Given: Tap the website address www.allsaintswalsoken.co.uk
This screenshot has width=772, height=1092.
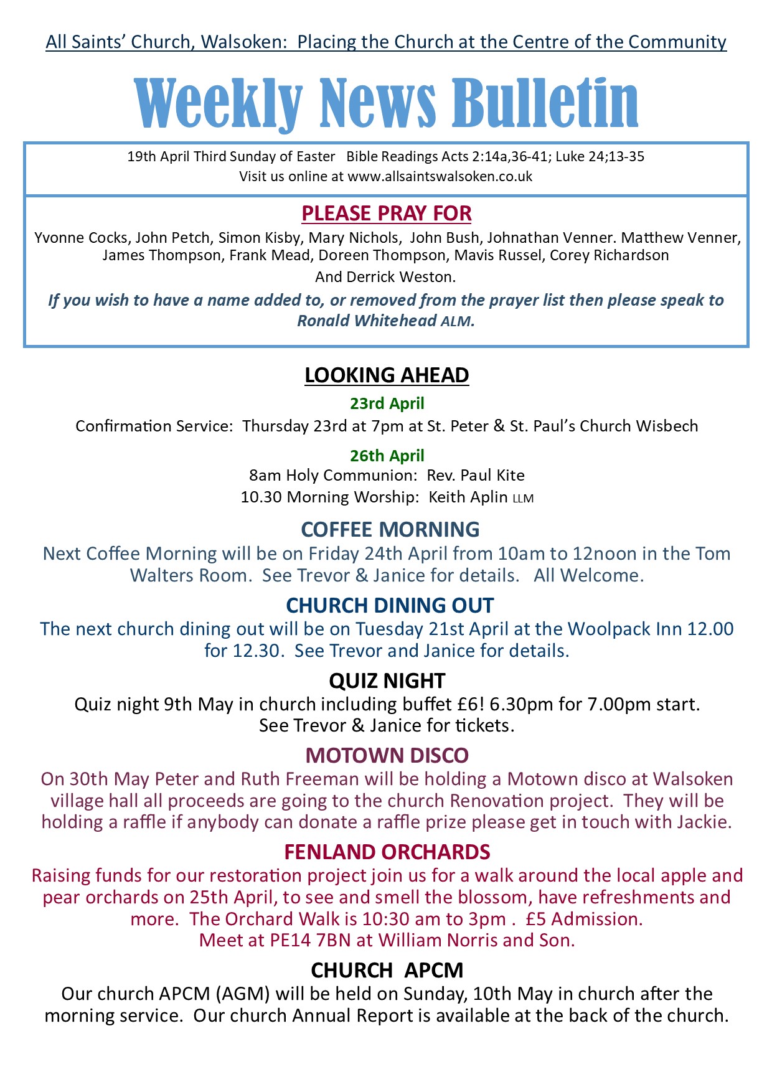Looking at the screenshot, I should pyautogui.click(x=440, y=176).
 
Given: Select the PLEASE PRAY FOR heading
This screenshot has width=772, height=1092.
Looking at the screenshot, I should pyautogui.click(x=386, y=214).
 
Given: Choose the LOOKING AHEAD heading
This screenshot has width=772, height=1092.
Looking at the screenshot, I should pyautogui.click(x=386, y=375).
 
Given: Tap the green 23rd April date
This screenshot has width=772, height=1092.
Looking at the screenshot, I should pyautogui.click(x=387, y=403).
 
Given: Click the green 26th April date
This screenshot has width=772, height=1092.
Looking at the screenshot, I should pyautogui.click(x=387, y=456).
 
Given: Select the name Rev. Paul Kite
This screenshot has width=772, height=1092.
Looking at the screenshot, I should pyautogui.click(x=476, y=476).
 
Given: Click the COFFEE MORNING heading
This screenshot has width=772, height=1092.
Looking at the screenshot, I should pyautogui.click(x=390, y=529).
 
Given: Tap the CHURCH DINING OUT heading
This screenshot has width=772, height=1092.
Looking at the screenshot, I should pyautogui.click(x=390, y=605).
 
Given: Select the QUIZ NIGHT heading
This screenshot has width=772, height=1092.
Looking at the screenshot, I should pyautogui.click(x=387, y=680).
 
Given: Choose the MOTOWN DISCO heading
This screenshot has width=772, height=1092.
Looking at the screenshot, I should pyautogui.click(x=387, y=756).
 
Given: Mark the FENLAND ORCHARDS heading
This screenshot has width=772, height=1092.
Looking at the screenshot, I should pyautogui.click(x=387, y=852).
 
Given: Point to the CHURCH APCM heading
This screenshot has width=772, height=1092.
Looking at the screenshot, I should pyautogui.click(x=387, y=971).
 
